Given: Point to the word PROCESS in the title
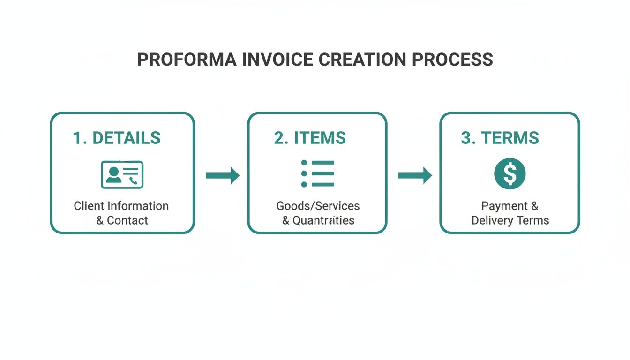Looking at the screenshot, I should [452, 60].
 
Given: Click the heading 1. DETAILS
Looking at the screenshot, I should [117, 138].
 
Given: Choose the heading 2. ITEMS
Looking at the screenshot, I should [310, 138].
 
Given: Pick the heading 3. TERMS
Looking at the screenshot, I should [500, 138].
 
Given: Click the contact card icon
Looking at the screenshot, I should [122, 174].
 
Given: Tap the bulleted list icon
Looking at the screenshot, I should [317, 173].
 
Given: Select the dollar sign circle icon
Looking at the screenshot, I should [510, 174].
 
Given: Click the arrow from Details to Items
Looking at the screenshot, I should [223, 175].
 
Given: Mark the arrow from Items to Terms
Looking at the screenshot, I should [415, 175].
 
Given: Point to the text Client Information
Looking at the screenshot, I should [121, 206].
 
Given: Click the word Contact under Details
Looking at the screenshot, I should [127, 220].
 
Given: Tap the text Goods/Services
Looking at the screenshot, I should [318, 206].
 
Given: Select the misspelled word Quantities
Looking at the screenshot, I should [323, 220].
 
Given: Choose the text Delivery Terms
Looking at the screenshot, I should [510, 220].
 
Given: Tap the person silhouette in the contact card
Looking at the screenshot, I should [112, 174].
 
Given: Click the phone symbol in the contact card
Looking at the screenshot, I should [135, 180].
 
